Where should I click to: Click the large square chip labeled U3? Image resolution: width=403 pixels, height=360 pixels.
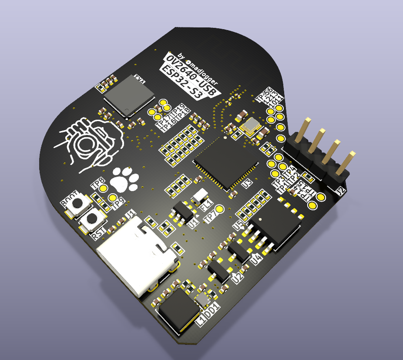pyautogui.click(x=226, y=161)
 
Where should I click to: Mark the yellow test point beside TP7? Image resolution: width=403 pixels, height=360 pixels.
pyautogui.click(x=220, y=209)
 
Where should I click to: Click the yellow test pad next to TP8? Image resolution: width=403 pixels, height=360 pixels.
pyautogui.click(x=104, y=188)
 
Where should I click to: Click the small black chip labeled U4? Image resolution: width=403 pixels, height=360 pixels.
pyautogui.click(x=239, y=249)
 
